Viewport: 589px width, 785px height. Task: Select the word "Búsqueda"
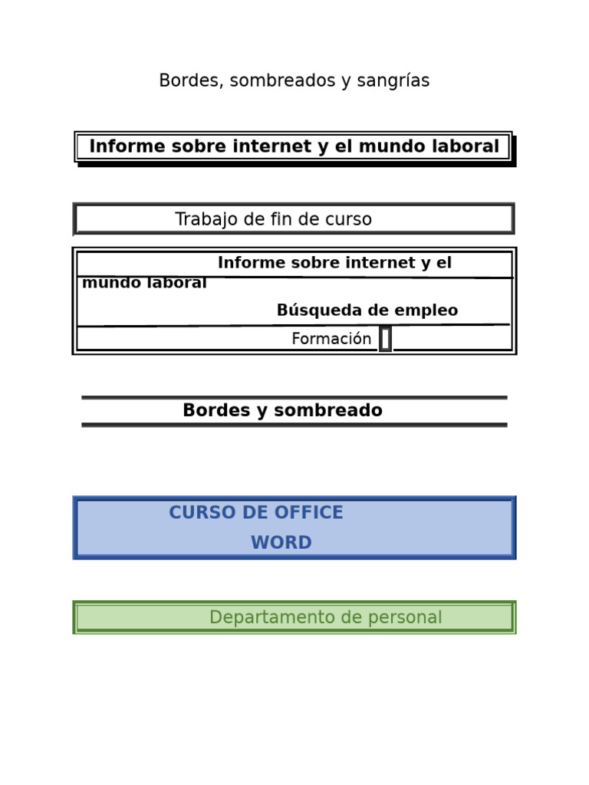click(311, 310)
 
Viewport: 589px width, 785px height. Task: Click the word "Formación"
click(331, 339)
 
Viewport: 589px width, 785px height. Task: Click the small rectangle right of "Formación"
click(385, 339)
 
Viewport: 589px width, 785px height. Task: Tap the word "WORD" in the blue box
click(281, 544)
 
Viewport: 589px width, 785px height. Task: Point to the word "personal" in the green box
click(409, 618)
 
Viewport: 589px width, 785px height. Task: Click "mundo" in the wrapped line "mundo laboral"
click(107, 283)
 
